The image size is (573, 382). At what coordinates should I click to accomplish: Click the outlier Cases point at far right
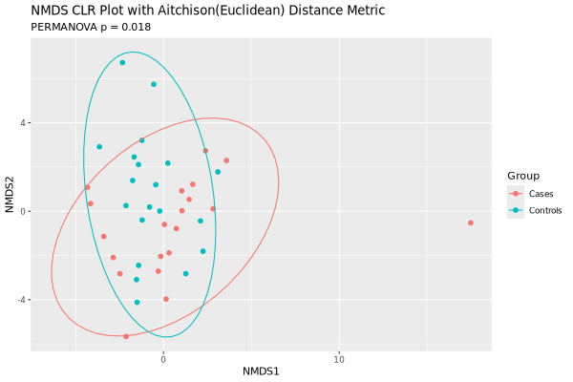pos(471,223)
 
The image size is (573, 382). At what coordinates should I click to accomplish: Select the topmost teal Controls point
pos(122,63)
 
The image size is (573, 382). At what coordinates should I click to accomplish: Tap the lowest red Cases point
pos(126,336)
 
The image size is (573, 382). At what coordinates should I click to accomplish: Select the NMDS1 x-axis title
pos(262,370)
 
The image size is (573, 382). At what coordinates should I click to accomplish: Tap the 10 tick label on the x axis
pos(339,358)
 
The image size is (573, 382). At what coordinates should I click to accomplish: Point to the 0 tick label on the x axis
pos(163,358)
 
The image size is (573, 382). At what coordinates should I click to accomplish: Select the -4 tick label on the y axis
pos(19,300)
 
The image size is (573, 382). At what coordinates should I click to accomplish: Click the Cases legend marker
pos(517,194)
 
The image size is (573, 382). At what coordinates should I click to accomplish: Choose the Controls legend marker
pos(517,210)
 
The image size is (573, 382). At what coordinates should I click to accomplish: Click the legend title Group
pos(523,176)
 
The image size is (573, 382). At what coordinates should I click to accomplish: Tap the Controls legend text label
pos(545,210)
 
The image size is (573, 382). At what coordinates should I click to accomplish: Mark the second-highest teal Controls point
pos(153,84)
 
